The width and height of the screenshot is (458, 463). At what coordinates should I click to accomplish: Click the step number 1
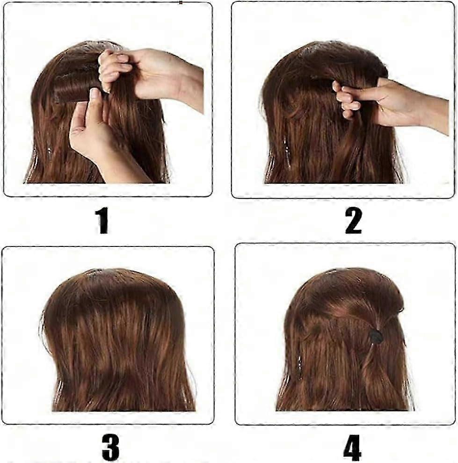coord(102,221)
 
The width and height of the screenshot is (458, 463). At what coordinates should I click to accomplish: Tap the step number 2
coord(353,221)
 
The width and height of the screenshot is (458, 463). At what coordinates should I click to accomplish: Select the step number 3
coord(110,447)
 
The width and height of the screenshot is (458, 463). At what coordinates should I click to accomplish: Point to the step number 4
coord(352,447)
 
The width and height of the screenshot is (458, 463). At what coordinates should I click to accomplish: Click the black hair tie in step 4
coord(376,336)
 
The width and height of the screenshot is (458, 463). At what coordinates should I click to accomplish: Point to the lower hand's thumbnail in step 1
coord(94,94)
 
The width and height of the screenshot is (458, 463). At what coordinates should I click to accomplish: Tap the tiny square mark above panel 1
coord(181,3)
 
